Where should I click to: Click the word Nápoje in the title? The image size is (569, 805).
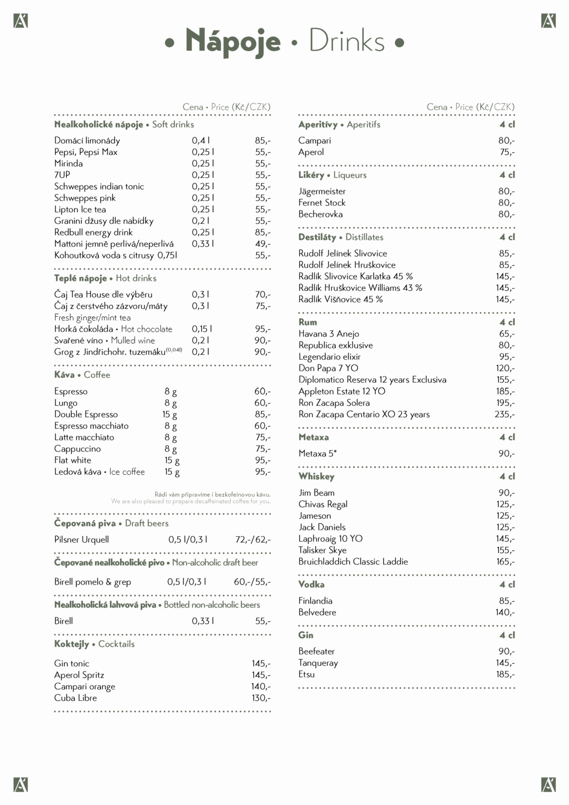click(233, 41)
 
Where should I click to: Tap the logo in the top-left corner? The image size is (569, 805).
click(21, 21)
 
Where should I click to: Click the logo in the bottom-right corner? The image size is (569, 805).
click(548, 785)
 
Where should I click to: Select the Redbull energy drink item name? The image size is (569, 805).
click(93, 232)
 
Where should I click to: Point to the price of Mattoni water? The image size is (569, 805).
click(262, 244)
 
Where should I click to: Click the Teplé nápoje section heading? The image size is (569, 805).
click(80, 278)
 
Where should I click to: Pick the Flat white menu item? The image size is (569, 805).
click(73, 460)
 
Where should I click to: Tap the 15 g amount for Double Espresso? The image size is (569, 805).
click(169, 414)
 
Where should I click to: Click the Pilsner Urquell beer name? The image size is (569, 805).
click(81, 540)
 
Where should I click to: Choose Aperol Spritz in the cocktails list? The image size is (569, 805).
click(79, 675)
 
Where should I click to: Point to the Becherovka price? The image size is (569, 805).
click(506, 214)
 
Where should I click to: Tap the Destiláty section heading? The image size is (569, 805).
click(317, 237)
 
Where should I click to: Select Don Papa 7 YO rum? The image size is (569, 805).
click(328, 368)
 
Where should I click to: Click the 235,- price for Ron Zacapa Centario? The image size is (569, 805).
click(504, 414)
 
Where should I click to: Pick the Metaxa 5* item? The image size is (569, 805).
click(318, 453)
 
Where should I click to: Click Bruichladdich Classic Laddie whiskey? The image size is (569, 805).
click(353, 562)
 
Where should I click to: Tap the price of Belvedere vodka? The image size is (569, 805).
click(505, 612)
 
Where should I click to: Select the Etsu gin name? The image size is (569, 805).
click(307, 674)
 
